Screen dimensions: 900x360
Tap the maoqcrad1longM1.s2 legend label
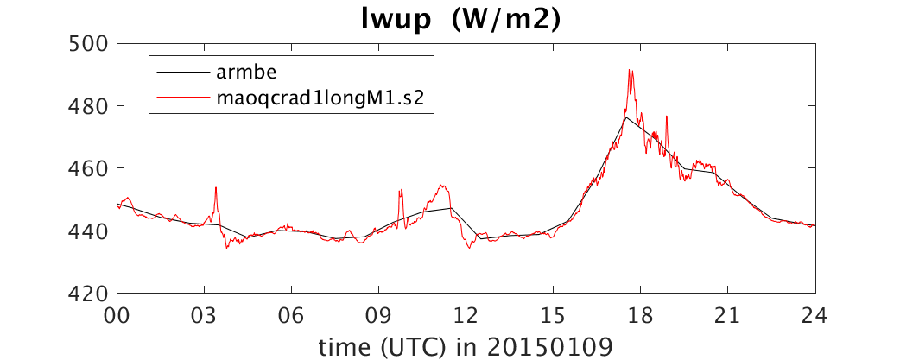point(320,98)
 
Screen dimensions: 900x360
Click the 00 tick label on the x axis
point(117,315)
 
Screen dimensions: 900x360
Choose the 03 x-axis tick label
point(205,315)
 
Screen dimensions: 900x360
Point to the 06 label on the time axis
point(292,315)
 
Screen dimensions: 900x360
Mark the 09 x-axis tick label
point(379,315)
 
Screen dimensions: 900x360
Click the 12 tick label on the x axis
point(466,315)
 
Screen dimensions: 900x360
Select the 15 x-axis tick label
point(554,315)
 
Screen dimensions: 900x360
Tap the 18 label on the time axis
point(641,315)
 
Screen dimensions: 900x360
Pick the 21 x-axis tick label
point(728,315)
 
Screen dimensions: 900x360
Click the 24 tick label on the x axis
point(815,315)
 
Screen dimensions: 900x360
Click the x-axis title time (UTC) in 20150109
point(466,345)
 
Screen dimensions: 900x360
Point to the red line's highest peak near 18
point(630,70)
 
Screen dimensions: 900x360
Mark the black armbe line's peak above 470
point(626,117)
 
